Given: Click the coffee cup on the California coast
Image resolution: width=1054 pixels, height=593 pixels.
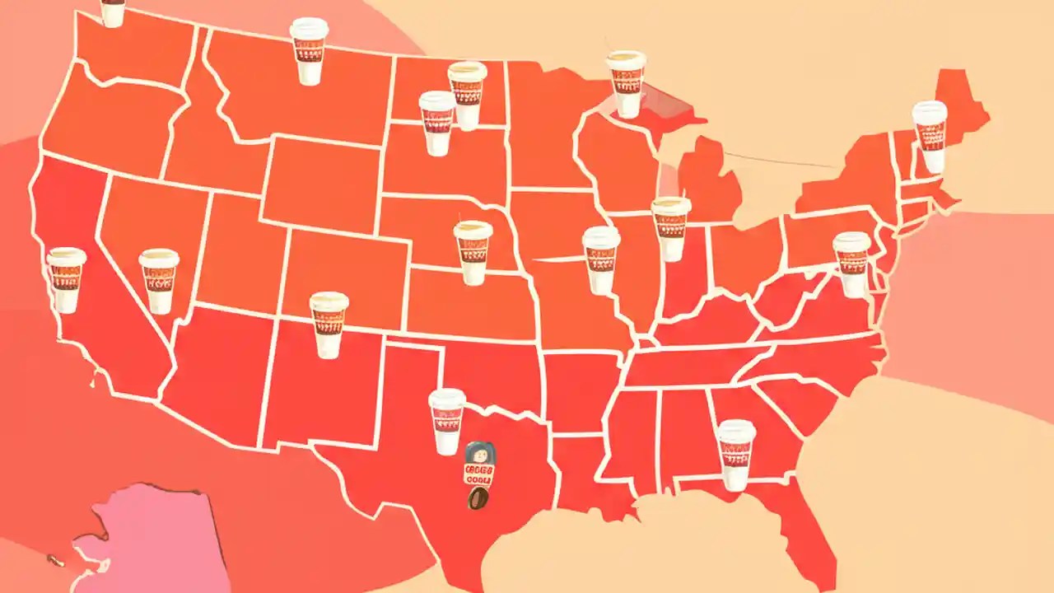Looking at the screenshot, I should (66, 280).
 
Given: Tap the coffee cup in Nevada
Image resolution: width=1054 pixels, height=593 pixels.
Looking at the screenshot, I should (159, 281).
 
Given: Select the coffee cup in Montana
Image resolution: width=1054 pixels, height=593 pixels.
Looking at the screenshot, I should (309, 52).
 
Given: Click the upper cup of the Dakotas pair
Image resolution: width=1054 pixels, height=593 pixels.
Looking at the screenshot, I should (467, 95).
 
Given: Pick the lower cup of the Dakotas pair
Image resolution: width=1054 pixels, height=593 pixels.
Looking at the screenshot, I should (436, 124).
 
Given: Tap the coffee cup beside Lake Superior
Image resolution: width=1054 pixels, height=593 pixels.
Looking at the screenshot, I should (627, 84).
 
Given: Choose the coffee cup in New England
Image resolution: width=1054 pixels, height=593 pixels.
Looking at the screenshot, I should (930, 137).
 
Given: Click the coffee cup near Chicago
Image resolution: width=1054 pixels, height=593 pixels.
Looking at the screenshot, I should (671, 229).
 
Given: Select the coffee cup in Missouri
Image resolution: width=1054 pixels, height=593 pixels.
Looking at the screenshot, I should (601, 260).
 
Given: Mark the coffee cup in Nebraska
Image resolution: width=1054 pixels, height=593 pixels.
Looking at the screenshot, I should (473, 253).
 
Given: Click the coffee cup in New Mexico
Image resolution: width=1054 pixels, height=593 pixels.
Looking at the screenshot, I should (329, 325).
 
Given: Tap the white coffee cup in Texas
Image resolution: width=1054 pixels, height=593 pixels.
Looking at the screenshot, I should (447, 421).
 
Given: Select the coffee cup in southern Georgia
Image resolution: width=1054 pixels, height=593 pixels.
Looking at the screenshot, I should (735, 455).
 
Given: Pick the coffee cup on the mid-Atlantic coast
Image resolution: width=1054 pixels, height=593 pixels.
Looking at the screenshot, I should (851, 264).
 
